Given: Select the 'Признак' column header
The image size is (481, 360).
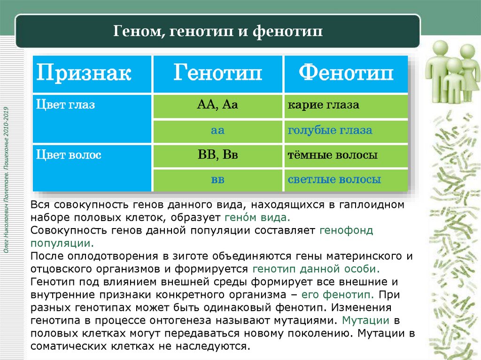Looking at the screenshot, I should click(x=84, y=74).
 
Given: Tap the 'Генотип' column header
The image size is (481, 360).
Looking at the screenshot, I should click(x=217, y=74).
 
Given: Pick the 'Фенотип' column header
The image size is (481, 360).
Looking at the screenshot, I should click(x=346, y=74).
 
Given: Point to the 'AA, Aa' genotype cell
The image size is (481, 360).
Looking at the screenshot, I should click(x=217, y=105).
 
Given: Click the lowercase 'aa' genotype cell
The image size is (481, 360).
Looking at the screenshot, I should click(x=217, y=130).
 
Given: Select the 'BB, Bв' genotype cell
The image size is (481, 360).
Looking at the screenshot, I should click(x=217, y=155).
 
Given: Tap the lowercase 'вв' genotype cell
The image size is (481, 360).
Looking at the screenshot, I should click(x=217, y=180).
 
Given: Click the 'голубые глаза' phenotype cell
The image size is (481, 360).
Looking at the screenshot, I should click(x=330, y=130).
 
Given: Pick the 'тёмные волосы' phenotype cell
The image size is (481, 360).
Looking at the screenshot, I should click(x=333, y=155).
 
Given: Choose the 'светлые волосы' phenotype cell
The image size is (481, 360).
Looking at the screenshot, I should click(x=334, y=180).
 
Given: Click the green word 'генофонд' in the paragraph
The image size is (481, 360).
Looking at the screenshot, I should click(x=346, y=231).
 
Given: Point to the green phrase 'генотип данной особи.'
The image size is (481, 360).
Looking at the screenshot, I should click(x=316, y=269).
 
